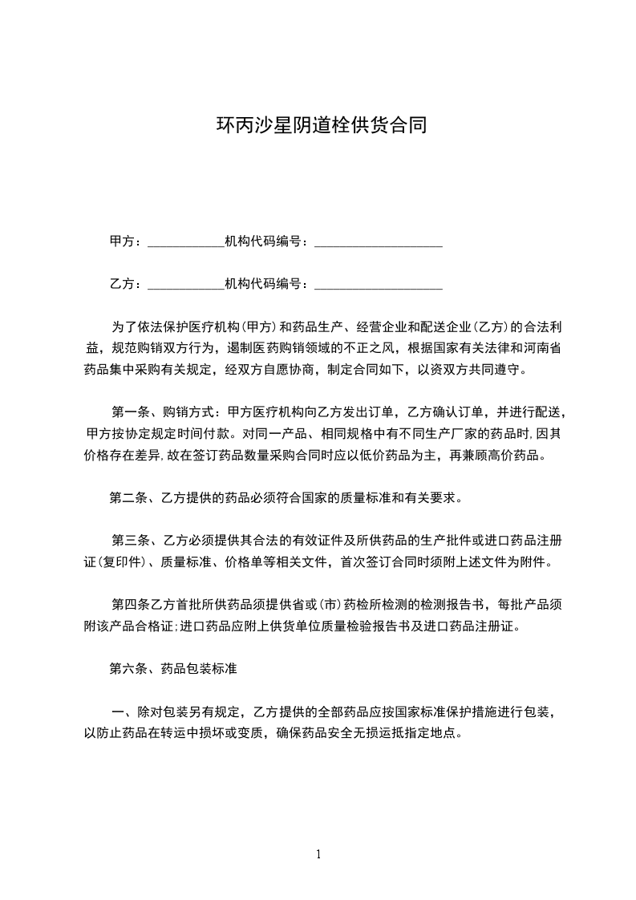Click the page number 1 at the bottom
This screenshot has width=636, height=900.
318,854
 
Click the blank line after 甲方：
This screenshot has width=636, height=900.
186,243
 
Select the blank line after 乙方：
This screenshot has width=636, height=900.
186,286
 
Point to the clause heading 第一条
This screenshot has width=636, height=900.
128,412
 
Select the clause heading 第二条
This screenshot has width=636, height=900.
128,498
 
